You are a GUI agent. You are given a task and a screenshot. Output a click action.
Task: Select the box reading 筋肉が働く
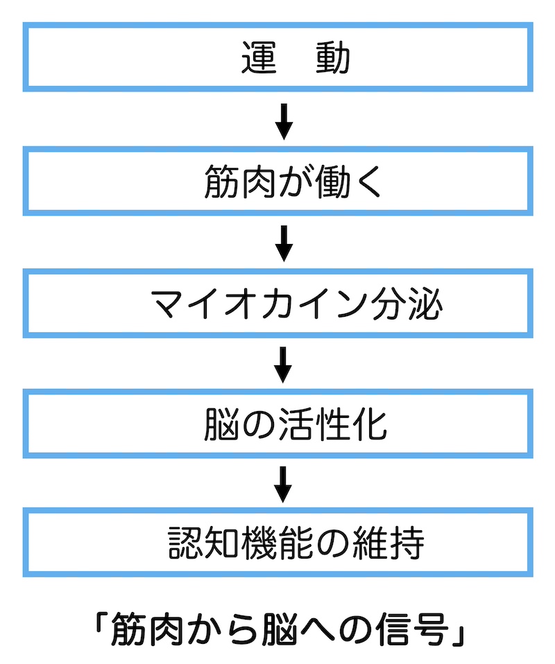277,180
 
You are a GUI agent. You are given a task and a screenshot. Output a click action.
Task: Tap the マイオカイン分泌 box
277,303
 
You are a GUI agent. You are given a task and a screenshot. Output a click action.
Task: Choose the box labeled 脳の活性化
277,423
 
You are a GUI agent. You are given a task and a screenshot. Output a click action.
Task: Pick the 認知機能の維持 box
277,543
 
